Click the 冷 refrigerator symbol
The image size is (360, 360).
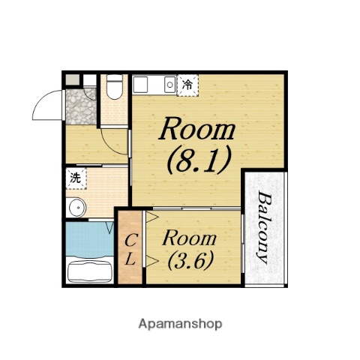(x=187, y=85)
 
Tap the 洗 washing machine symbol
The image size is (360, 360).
(x=76, y=178)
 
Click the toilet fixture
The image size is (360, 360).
(x=115, y=86)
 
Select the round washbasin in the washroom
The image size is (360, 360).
(x=77, y=207)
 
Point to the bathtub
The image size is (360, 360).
(x=90, y=271)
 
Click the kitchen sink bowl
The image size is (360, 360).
(x=170, y=85)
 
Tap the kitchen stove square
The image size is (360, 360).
(x=140, y=85)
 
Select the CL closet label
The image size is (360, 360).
(x=130, y=250)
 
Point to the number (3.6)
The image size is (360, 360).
(x=190, y=260)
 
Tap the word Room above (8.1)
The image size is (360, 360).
(x=197, y=129)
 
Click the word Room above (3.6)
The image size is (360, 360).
(x=189, y=238)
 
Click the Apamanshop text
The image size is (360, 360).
(x=180, y=324)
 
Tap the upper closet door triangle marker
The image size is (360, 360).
(x=152, y=217)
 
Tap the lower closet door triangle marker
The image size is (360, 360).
(x=152, y=261)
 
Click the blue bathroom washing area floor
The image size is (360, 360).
(x=90, y=239)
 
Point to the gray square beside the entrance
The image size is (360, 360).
(x=73, y=79)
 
